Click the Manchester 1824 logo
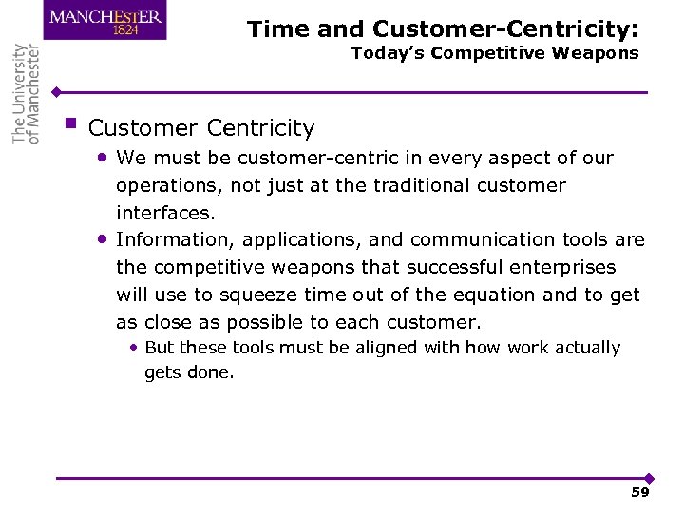(104, 21)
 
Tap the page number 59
(639, 492)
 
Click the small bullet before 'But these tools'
(135, 348)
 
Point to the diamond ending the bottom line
(649, 478)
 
